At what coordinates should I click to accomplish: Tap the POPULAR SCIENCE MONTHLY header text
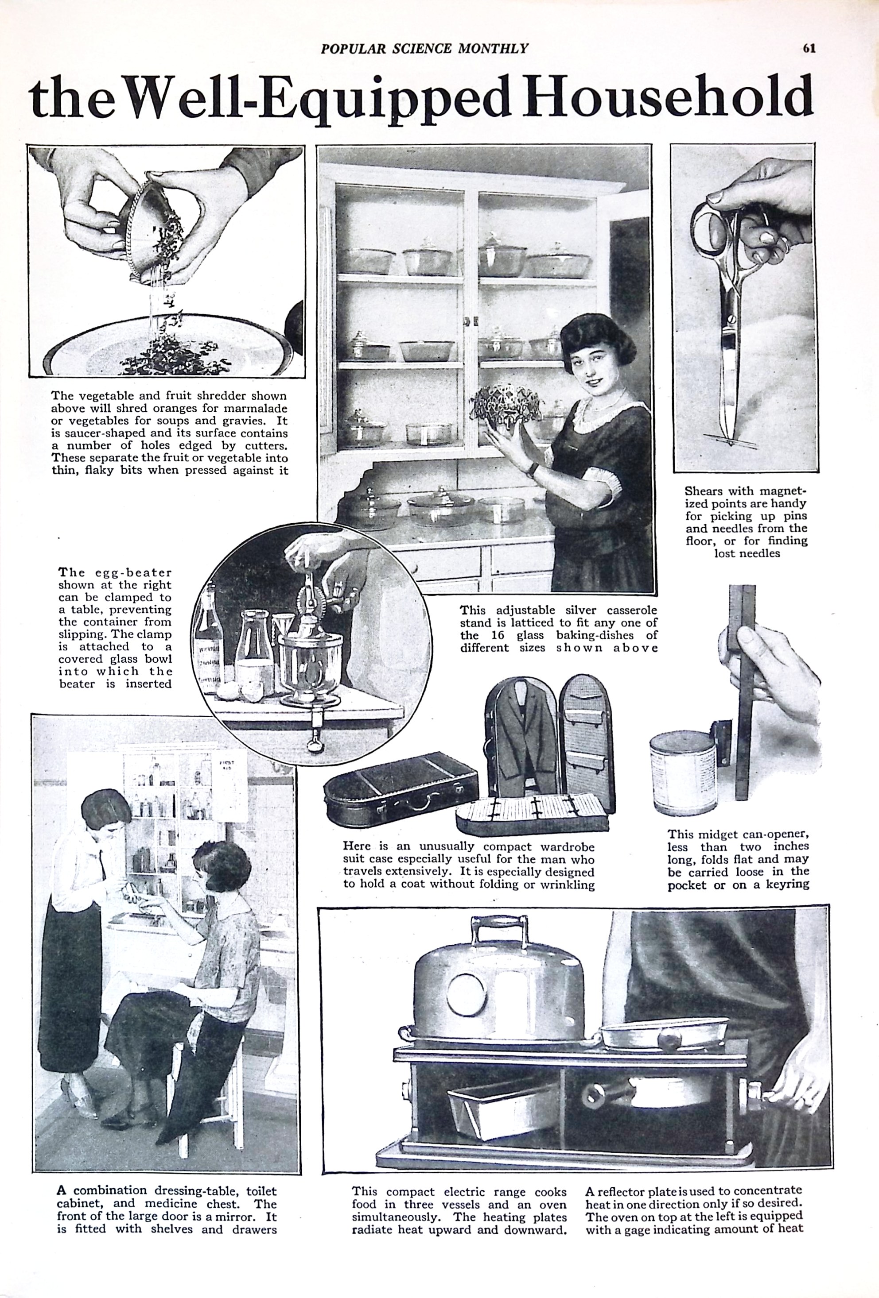pos(424,49)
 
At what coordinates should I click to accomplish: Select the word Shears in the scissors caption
pos(704,491)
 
